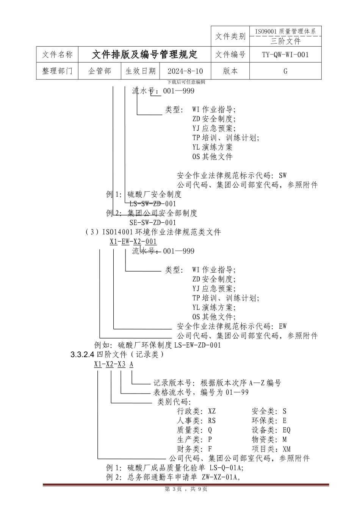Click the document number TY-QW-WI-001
tap(285, 55)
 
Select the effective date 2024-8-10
tap(185, 71)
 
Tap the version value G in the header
tap(285, 71)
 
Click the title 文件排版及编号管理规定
tap(144, 55)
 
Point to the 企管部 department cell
tap(100, 71)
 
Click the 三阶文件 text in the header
tap(285, 41)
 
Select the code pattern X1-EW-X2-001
tap(133, 241)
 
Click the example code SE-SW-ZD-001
tap(153, 222)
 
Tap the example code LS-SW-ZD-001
tap(153, 204)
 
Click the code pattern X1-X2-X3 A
tap(114, 364)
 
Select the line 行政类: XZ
tap(196, 411)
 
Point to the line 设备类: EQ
tap(271, 430)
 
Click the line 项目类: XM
tap(271, 449)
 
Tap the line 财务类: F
tap(194, 449)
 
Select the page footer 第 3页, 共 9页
tap(186, 489)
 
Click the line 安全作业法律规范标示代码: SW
tap(232, 175)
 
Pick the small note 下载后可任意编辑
tap(186, 82)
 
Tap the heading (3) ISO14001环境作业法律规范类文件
tap(153, 232)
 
